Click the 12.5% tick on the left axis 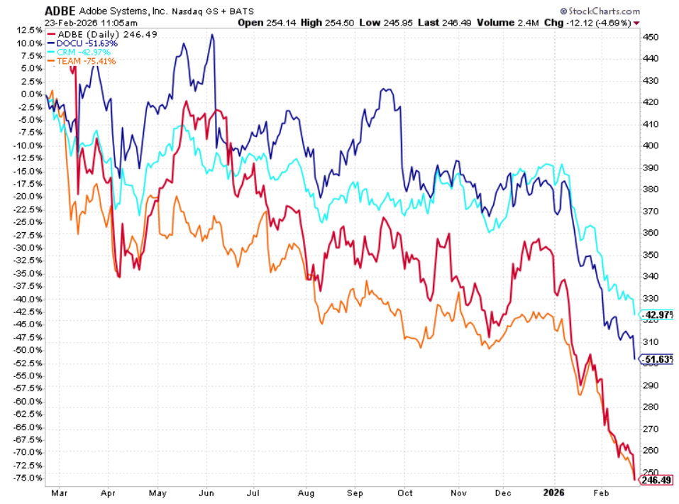pos(28,31)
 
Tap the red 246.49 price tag pos(656,481)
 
